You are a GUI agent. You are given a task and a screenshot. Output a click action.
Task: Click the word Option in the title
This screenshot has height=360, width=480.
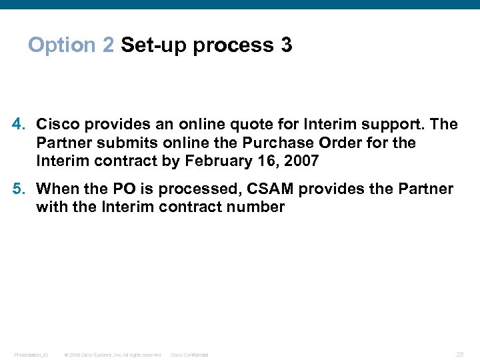tap(62, 45)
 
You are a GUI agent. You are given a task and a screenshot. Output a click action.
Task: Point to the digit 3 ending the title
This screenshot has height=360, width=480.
tap(286, 45)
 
